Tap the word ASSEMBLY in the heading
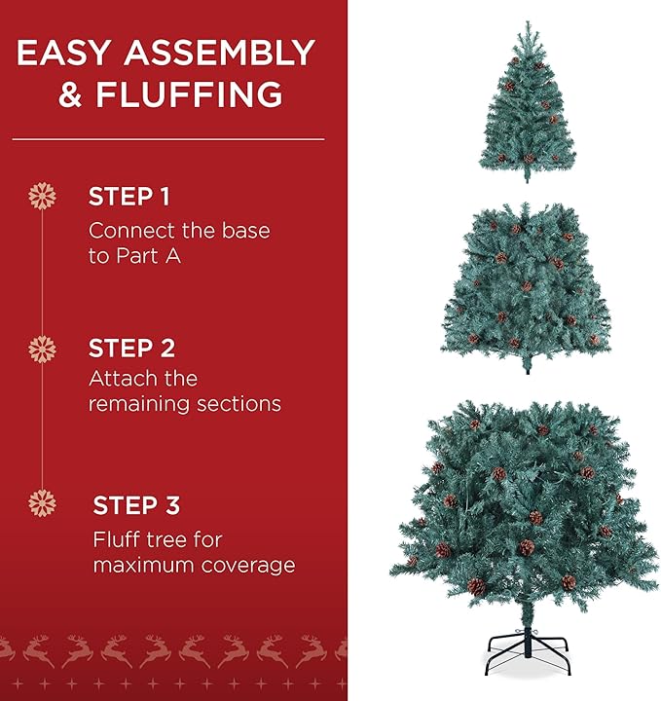point(222,53)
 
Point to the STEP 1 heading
point(129,197)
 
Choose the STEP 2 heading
point(131,348)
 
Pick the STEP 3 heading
point(136,505)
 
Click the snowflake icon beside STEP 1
point(42,197)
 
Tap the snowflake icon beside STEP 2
point(42,349)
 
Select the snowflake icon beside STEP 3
point(42,503)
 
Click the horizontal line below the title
point(167,139)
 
